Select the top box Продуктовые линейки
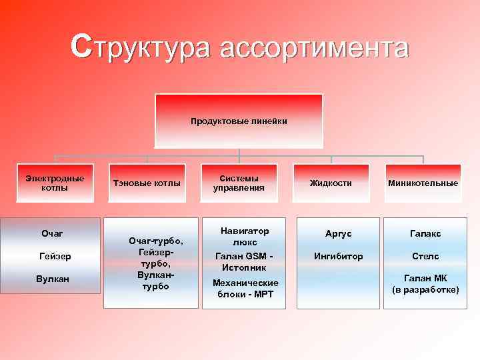pyautogui.click(x=239, y=121)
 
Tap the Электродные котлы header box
pyautogui.click(x=55, y=183)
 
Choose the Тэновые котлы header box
pyautogui.click(x=147, y=183)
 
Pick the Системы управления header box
pyautogui.click(x=239, y=183)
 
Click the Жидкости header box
pyautogui.click(x=331, y=183)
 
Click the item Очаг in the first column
pyautogui.click(x=52, y=233)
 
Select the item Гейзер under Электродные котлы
pyautogui.click(x=55, y=256)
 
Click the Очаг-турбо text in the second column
pyautogui.click(x=155, y=241)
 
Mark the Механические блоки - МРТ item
pyautogui.click(x=245, y=288)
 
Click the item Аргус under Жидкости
pyautogui.click(x=338, y=234)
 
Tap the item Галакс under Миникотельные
pyautogui.click(x=425, y=234)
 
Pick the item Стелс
pyautogui.click(x=425, y=256)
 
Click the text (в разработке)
pyautogui.click(x=425, y=290)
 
